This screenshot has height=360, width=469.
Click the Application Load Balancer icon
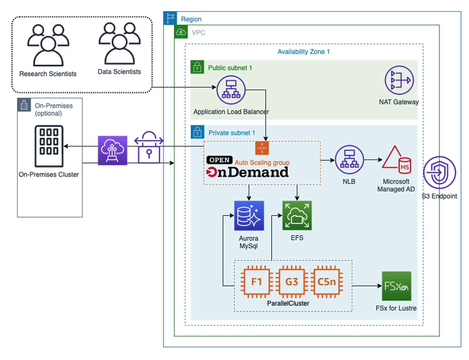(231, 90)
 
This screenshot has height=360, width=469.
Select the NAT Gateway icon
(399, 80)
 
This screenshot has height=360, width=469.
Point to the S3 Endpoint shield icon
(439, 173)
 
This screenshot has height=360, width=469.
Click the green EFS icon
(297, 216)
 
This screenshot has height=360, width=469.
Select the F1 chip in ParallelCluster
(256, 282)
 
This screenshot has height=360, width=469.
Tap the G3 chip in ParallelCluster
(292, 282)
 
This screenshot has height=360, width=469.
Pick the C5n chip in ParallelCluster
(327, 282)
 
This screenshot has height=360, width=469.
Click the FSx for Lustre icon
(396, 286)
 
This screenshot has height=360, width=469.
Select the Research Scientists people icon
(48, 45)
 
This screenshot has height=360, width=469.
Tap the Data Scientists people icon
(119, 43)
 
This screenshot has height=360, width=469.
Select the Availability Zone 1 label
(304, 52)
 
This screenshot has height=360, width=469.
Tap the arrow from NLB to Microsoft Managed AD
(372, 159)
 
